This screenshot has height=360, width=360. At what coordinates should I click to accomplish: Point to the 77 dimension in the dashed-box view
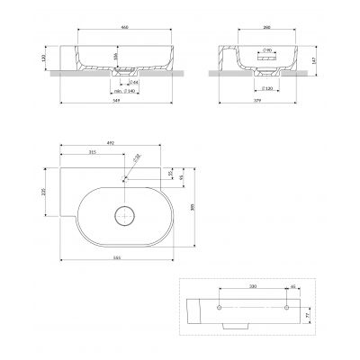click(x=311, y=317)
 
